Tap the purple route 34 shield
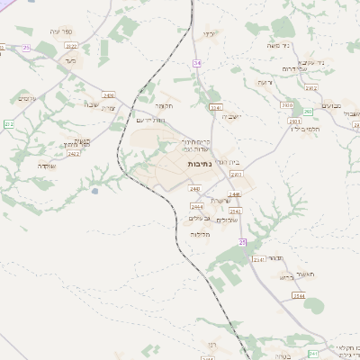pos(197,62)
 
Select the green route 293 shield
pos(308,112)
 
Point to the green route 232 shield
pos(8,123)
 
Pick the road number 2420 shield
pos(108,94)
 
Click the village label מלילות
pos(200,234)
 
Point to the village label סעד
pos(69,60)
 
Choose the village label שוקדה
pos(91,104)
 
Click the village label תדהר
pos(275,257)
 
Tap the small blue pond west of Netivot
pos(94,191)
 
